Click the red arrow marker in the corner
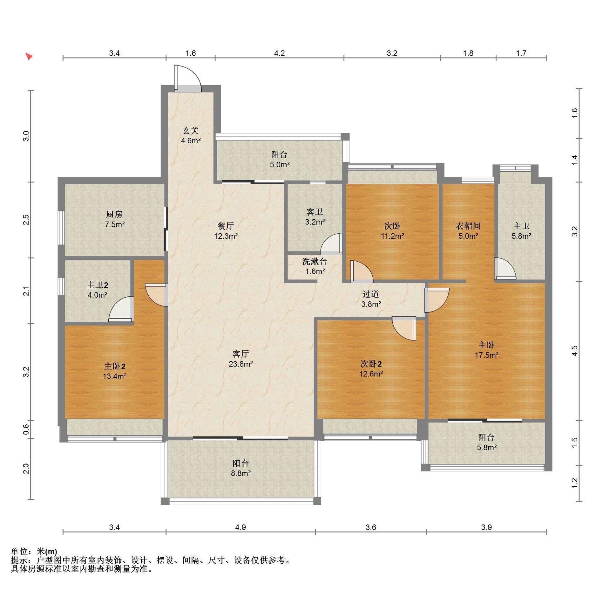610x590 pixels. pyautogui.click(x=29, y=57)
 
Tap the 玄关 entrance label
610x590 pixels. pyautogui.click(x=191, y=130)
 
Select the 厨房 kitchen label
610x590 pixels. pyautogui.click(x=114, y=214)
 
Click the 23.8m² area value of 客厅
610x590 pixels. pyautogui.click(x=241, y=364)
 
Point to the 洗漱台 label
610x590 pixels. pyautogui.click(x=315, y=261)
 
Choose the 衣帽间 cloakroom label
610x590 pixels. pyautogui.click(x=468, y=226)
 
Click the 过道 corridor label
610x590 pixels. pyautogui.click(x=371, y=294)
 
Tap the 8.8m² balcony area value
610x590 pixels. pyautogui.click(x=241, y=473)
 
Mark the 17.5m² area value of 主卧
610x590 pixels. pyautogui.click(x=486, y=355)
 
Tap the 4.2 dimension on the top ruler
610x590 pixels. pyautogui.click(x=279, y=53)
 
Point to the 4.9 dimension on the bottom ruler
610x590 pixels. pyautogui.click(x=241, y=527)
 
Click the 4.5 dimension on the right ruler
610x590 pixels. pyautogui.click(x=574, y=351)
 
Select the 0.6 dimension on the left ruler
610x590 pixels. pyautogui.click(x=26, y=429)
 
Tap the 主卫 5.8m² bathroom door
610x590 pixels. pyautogui.click(x=505, y=269)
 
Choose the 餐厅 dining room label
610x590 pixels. pyautogui.click(x=226, y=226)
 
